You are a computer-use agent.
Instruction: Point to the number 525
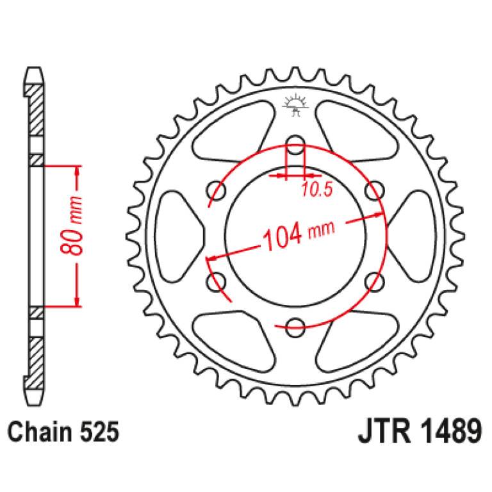point(99,432)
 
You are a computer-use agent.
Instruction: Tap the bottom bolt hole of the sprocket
point(295,328)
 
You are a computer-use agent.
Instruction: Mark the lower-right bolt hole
point(375,281)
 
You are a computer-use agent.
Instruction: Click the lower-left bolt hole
point(215,281)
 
